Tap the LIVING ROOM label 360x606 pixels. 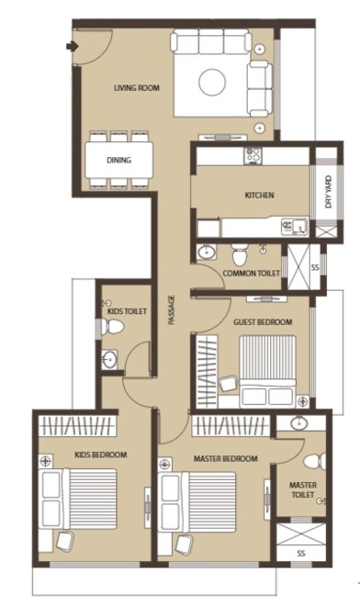coord(137,88)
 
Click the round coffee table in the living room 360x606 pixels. coord(212,82)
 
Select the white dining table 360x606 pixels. coord(119,160)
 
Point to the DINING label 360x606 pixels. coord(118,161)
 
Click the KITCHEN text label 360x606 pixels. coord(259,196)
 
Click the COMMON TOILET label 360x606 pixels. coord(252,274)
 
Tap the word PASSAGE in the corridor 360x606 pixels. coord(172,312)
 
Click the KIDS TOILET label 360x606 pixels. coord(127,312)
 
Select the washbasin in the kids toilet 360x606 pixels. coord(109,359)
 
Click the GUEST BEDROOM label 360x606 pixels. coord(263,322)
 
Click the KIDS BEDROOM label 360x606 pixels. coord(101,454)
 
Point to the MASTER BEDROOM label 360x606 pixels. coord(225,458)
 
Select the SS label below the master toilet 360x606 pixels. coord(300,554)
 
